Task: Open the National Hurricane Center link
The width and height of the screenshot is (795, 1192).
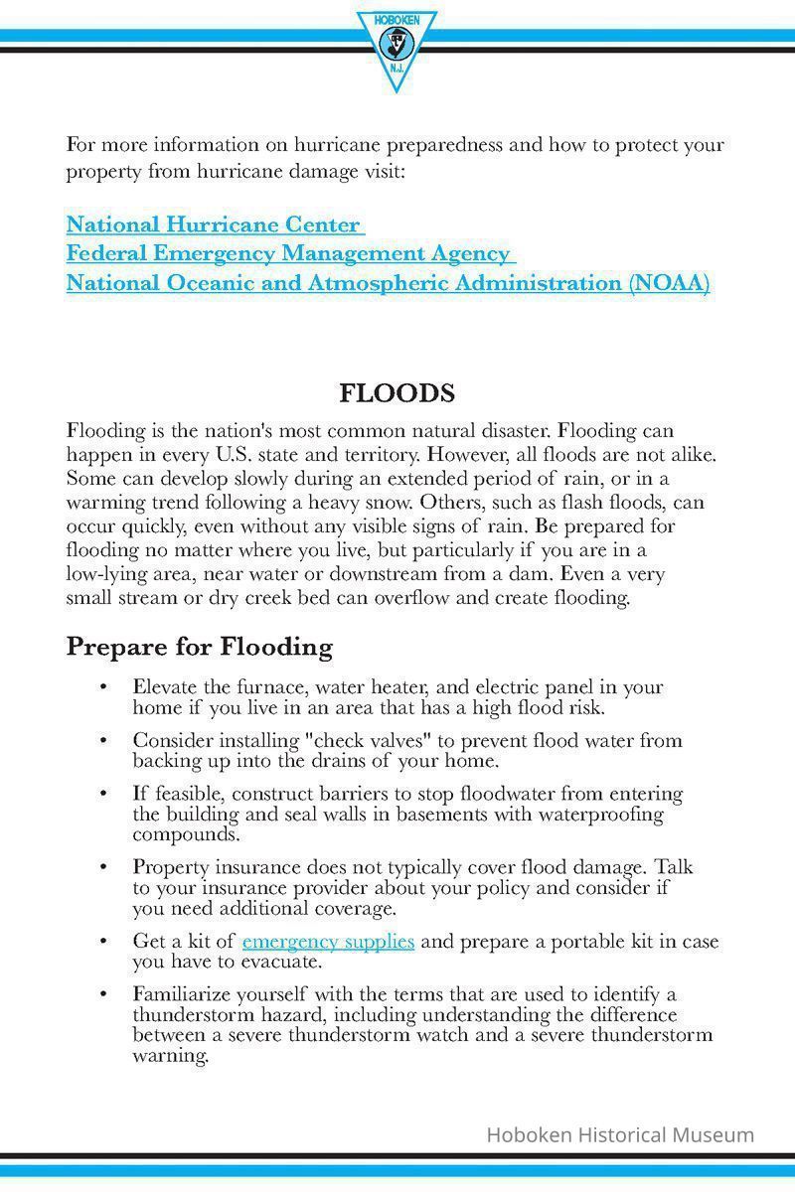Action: (x=214, y=224)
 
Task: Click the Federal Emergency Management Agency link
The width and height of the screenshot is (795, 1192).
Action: (x=288, y=253)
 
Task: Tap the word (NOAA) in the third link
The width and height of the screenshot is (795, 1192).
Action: (x=669, y=283)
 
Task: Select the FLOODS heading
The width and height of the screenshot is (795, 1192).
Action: (x=397, y=393)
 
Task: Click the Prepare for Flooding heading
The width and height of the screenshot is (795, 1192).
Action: (x=199, y=647)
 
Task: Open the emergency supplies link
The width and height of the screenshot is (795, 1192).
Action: (x=328, y=941)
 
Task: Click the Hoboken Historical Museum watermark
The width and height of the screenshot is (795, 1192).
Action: (x=619, y=1134)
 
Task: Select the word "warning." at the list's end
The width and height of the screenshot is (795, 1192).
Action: (x=171, y=1056)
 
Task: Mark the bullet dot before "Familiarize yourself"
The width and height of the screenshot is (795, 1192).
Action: (x=103, y=994)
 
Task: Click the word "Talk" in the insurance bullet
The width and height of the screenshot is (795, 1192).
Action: (x=673, y=867)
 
